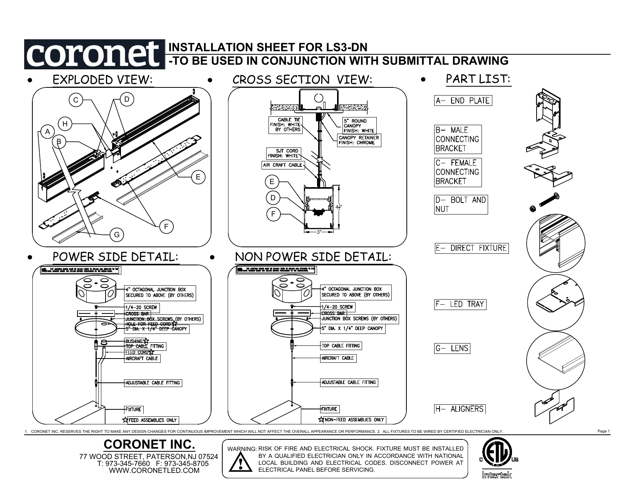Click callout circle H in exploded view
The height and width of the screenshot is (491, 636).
click(65, 124)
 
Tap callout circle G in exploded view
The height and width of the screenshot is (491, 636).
click(117, 235)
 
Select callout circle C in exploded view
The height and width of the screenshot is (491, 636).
click(76, 100)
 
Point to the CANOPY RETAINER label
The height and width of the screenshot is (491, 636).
click(359, 140)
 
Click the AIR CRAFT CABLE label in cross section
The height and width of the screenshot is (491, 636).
click(283, 165)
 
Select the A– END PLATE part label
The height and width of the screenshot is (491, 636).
click(463, 101)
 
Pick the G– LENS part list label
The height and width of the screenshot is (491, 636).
click(452, 349)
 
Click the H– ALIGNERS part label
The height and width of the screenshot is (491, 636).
click(460, 409)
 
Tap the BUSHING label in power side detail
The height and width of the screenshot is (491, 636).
click(134, 341)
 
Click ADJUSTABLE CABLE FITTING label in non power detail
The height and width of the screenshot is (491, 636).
click(349, 382)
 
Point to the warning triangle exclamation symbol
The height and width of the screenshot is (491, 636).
click(241, 462)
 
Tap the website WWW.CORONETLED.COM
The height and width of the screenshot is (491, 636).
click(154, 471)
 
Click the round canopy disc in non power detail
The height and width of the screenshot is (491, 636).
click(291, 327)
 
